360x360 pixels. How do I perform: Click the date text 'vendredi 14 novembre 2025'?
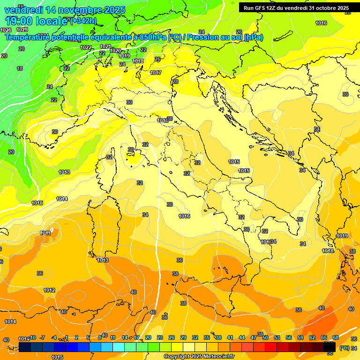click(x=65, y=10)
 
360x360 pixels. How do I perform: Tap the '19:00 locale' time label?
click(x=37, y=21)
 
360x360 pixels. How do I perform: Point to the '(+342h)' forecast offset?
click(x=83, y=21)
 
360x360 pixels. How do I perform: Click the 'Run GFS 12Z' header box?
click(x=296, y=8)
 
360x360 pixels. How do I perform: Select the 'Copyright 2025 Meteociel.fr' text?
click(x=198, y=356)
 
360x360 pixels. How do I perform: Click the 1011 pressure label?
click(x=45, y=233)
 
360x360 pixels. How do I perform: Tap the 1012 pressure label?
click(x=50, y=290)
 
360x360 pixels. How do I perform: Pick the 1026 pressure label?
click(x=6, y=30)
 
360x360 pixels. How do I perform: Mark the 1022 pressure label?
click(x=86, y=47)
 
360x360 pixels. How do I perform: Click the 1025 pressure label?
click(x=22, y=30)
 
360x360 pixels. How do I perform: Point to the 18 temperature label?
click(x=20, y=68)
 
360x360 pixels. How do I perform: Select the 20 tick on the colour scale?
click(x=148, y=337)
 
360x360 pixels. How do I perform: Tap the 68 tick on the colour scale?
click(x=336, y=337)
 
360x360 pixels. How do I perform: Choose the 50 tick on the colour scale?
click(x=265, y=337)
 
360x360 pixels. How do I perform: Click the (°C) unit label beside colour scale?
click(x=344, y=348)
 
